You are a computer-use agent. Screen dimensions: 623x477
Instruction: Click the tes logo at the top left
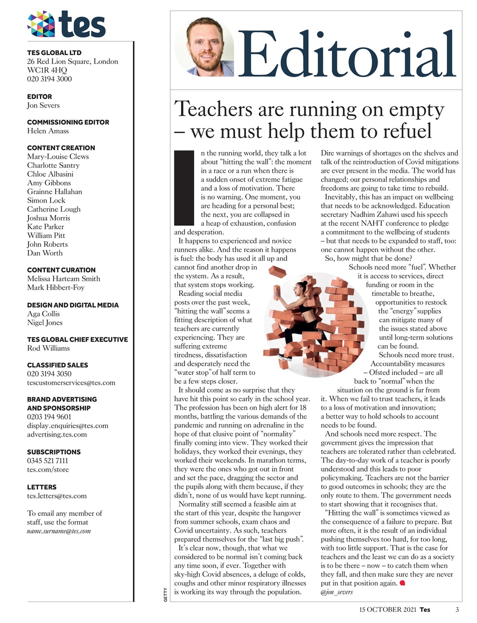point(66,24)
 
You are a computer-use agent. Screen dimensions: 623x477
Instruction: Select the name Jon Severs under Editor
point(43,105)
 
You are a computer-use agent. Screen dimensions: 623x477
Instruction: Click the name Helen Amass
point(48,131)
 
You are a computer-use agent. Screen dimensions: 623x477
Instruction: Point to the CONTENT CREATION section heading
point(61,147)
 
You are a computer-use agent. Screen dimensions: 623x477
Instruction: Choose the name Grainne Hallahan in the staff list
point(55,191)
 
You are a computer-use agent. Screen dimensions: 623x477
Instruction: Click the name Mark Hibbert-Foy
point(55,287)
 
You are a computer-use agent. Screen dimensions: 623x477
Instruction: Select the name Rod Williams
point(48,348)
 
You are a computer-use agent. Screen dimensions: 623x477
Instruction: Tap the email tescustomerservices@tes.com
point(71,383)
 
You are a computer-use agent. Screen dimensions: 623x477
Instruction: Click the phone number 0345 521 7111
point(47,460)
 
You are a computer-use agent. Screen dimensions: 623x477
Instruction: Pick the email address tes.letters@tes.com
point(56,496)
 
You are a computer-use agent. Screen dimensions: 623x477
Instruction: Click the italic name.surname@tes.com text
point(59,531)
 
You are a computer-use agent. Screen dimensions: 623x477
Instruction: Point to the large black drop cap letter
point(184,187)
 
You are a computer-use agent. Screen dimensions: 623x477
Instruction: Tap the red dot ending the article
point(402,583)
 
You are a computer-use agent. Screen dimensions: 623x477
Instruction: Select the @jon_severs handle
point(337,592)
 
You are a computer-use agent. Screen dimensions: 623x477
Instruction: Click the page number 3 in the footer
point(457,609)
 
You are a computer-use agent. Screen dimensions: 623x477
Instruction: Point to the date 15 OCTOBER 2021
point(387,609)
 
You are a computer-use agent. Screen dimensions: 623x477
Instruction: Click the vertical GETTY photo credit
point(165,595)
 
